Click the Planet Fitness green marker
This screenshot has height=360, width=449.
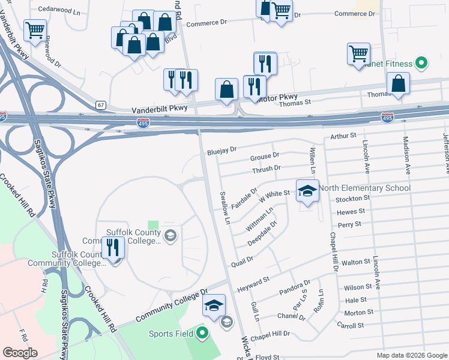(421, 63)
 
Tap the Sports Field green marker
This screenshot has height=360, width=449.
(202, 333)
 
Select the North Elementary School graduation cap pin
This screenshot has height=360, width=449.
(307, 191)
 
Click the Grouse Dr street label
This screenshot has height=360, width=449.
(265, 157)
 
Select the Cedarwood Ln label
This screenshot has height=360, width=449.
(59, 10)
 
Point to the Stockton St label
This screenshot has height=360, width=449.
(351, 199)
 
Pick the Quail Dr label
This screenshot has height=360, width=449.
(242, 261)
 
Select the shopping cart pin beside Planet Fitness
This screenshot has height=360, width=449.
(358, 53)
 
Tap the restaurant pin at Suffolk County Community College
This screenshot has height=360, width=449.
(113, 248)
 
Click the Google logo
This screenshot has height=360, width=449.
(20, 352)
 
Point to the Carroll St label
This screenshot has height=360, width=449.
(351, 326)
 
